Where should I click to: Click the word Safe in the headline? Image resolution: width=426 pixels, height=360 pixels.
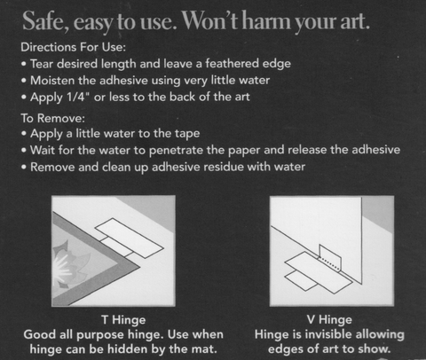pyautogui.click(x=46, y=21)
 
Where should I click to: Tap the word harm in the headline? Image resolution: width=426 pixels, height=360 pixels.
pyautogui.click(x=266, y=20)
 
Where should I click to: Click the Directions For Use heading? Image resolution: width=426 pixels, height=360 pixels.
pyautogui.click(x=74, y=47)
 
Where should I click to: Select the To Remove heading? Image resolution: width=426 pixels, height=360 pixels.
pyautogui.click(x=53, y=118)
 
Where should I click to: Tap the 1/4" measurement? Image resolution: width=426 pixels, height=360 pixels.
pyautogui.click(x=78, y=97)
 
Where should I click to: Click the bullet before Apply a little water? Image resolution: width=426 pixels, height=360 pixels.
pyautogui.click(x=24, y=134)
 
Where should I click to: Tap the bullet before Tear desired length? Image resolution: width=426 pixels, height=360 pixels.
pyautogui.click(x=24, y=64)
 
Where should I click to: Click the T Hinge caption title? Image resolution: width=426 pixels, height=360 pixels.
pyautogui.click(x=123, y=320)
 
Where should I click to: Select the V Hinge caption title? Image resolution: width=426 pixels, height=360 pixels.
pyautogui.click(x=329, y=319)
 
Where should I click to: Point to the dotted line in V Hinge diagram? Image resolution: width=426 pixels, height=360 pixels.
pyautogui.click(x=329, y=263)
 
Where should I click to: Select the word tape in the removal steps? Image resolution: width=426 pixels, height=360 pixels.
pyautogui.click(x=187, y=134)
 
